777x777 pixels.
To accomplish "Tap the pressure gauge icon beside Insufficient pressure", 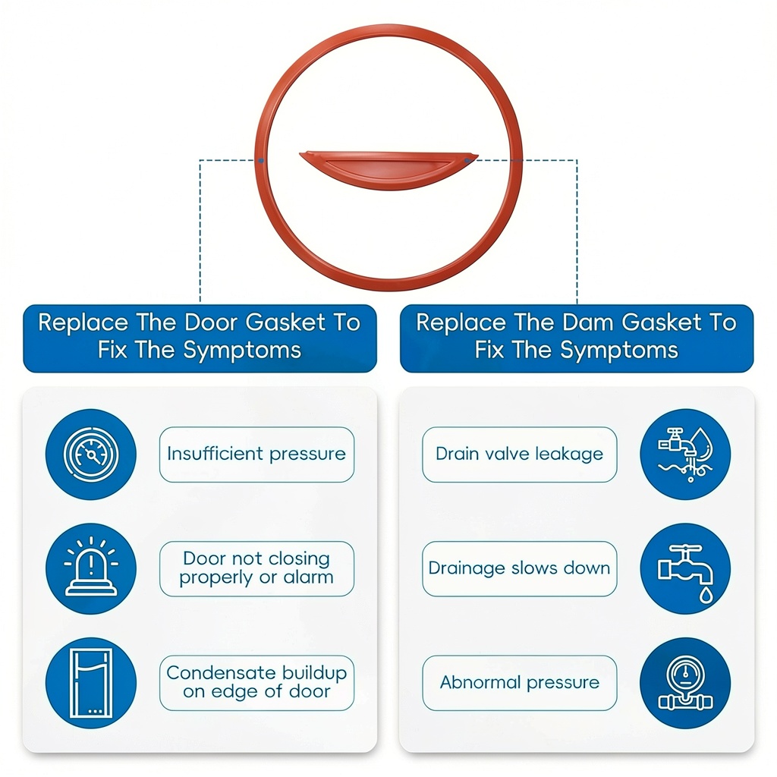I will coord(91,455).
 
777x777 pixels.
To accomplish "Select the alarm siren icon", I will coord(91,568).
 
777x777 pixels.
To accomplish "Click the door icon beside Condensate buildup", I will coord(91,682).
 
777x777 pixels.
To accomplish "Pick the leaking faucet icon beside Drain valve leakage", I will coord(684,455).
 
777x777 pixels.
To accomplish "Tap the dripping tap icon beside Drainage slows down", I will coord(684,568).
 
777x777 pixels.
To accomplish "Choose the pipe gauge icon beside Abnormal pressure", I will coord(684,682).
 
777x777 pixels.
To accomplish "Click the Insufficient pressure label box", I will coord(256,455).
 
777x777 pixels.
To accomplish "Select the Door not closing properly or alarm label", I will coord(256,568).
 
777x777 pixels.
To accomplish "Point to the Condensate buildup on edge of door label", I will coord(256,682).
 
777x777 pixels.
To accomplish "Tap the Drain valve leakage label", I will coord(519,455).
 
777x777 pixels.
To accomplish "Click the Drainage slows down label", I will coord(519,568).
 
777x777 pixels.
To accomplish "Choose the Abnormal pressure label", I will coord(519,682).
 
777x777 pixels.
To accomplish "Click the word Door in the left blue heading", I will coord(212,322).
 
